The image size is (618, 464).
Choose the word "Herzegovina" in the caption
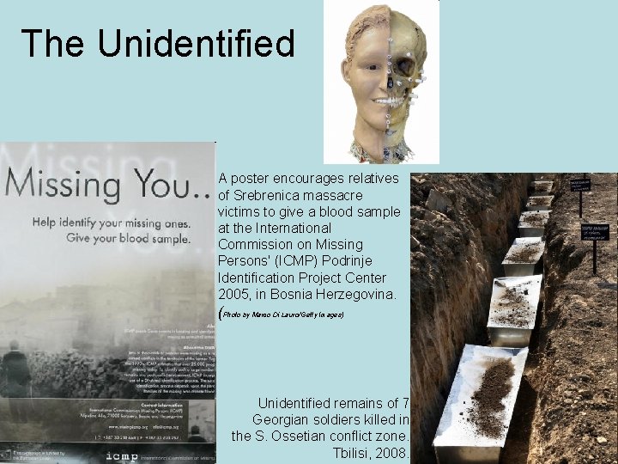(x=359, y=295)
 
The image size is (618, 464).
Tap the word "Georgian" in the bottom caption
(x=283, y=419)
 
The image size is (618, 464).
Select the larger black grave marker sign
(x=596, y=231)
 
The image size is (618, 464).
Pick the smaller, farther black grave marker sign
(x=581, y=185)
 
